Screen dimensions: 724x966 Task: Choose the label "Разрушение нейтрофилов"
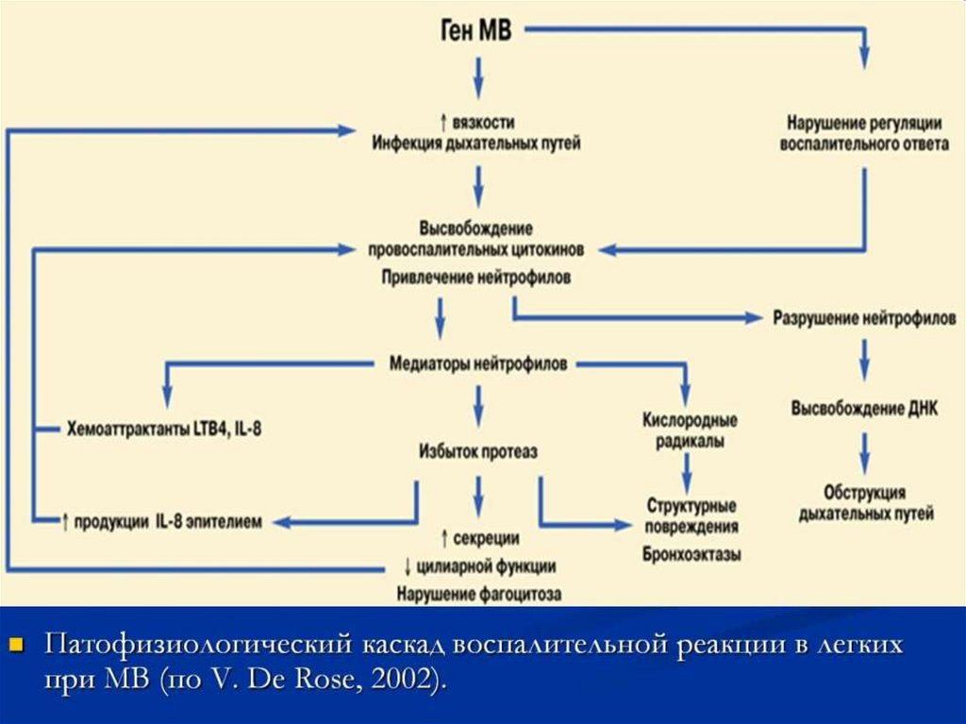tap(864, 318)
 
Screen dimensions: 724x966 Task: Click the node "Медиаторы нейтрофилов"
tap(478, 363)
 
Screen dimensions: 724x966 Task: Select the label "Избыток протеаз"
tap(478, 452)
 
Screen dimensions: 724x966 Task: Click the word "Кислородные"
tap(690, 420)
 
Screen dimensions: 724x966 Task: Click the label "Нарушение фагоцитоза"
tap(478, 595)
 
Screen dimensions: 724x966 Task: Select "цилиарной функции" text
tap(485, 566)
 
